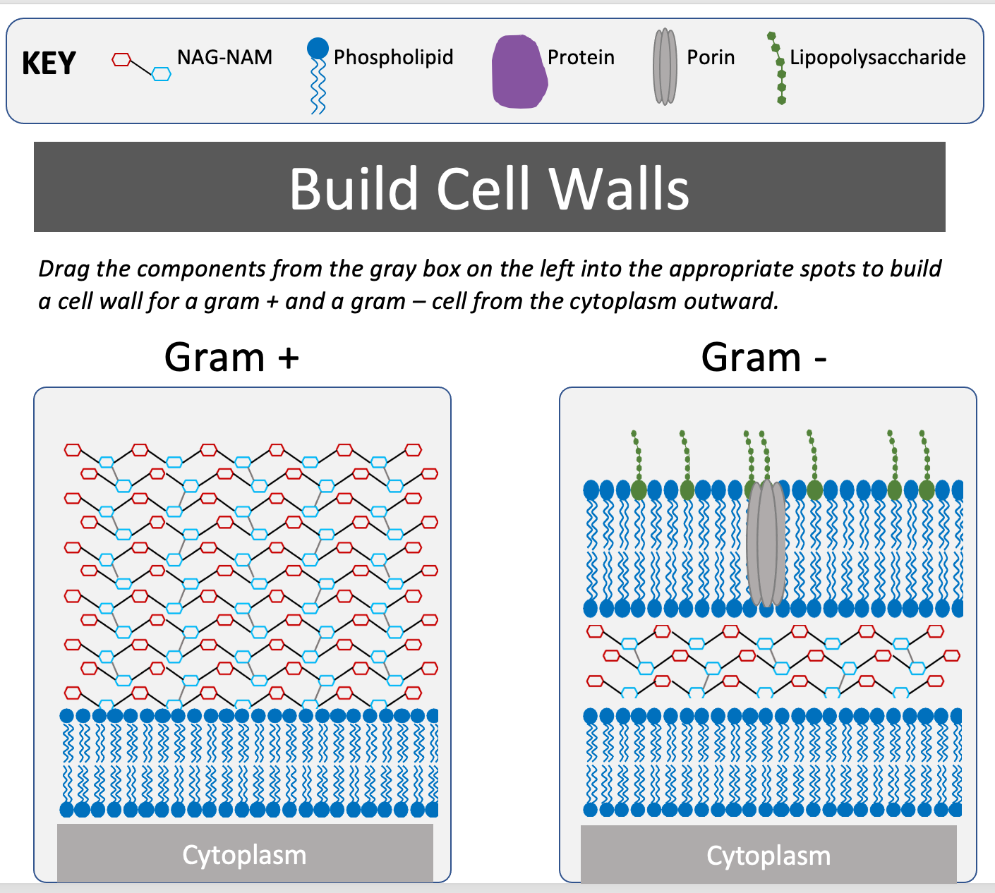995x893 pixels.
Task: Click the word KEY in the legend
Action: [x=49, y=63]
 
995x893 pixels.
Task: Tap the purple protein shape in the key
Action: [x=519, y=73]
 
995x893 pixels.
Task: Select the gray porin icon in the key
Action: [x=665, y=67]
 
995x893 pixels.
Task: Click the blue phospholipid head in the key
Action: [x=318, y=49]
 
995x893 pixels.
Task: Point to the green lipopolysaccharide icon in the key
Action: [x=778, y=68]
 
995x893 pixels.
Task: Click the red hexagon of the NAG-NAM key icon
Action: [x=121, y=60]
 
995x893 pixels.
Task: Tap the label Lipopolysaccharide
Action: [x=877, y=57]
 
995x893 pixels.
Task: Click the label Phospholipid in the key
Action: [x=393, y=57]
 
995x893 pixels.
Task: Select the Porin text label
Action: [x=711, y=57]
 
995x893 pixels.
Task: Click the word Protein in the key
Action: [x=581, y=57]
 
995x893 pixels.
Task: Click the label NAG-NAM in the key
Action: [x=224, y=57]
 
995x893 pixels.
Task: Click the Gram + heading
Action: [x=231, y=357]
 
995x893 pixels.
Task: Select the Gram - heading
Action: [x=764, y=357]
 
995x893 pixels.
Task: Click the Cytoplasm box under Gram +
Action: [x=244, y=853]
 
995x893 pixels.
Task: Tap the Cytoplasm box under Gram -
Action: [x=768, y=855]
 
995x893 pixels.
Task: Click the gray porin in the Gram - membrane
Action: [x=766, y=543]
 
